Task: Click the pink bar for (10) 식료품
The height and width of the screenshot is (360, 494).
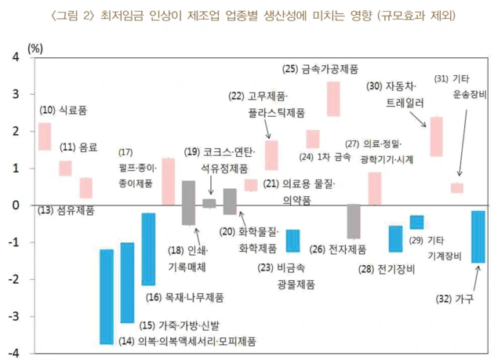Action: pos(45,136)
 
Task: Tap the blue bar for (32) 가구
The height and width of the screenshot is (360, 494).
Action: pos(478,236)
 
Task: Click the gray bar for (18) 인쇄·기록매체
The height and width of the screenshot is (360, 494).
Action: pos(188,202)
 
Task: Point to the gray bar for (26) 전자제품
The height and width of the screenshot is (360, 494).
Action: pos(354,221)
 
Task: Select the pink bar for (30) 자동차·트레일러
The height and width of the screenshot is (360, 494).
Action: pos(437,136)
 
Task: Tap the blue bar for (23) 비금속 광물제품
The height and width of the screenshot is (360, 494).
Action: pos(292,240)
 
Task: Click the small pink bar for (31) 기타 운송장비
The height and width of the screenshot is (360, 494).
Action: pos(457,187)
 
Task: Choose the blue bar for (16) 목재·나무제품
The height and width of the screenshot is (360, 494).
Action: pos(148,249)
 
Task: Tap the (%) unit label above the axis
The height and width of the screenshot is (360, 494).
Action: pos(37,47)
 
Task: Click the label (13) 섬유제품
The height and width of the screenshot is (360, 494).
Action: pos(67,210)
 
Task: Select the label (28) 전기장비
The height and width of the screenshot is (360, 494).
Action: pos(387,269)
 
